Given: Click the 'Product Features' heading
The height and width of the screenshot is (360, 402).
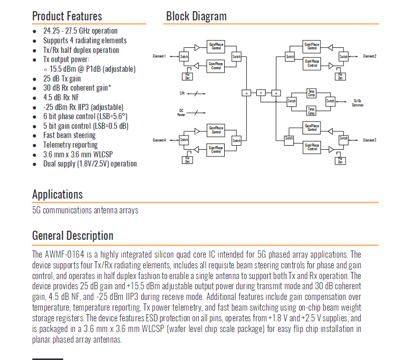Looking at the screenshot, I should (x=67, y=16).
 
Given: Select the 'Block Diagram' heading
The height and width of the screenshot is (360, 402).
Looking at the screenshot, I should (x=196, y=16).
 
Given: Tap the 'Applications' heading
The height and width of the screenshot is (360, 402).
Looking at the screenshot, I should (x=57, y=195).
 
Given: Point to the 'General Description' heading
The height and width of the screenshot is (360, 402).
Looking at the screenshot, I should (x=72, y=236).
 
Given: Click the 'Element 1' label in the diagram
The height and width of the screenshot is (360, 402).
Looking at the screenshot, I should (x=159, y=56).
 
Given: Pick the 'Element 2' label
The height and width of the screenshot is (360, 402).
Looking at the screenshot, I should (x=369, y=56).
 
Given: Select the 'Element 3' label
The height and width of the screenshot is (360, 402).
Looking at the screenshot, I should (x=369, y=140).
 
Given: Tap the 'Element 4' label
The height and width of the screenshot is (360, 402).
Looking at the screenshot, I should (x=159, y=140).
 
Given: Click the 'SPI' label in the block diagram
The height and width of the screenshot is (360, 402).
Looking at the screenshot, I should (x=182, y=93).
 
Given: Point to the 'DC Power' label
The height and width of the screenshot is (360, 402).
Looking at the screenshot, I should (x=181, y=113).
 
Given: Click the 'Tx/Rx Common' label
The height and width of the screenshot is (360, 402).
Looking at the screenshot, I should (x=358, y=102).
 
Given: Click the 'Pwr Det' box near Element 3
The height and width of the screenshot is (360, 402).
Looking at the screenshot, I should (x=340, y=160).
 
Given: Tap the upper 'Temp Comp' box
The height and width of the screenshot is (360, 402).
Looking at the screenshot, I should (x=311, y=93).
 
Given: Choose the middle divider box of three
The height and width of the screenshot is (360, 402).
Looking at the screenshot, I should (x=260, y=93).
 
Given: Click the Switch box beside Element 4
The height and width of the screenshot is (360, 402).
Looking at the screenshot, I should (x=184, y=140).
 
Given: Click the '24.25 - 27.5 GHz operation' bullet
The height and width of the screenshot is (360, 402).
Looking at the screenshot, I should (x=80, y=31).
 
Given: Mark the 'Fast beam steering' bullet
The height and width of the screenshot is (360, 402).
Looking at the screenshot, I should (x=69, y=135).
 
